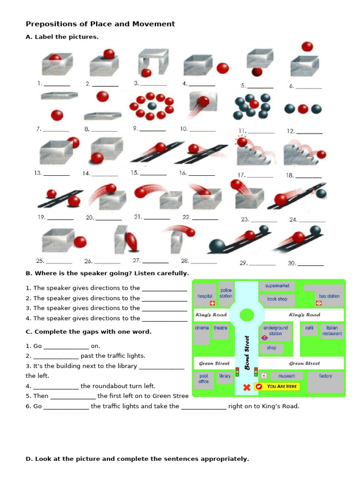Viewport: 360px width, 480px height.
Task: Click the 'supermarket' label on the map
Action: pos(277,285)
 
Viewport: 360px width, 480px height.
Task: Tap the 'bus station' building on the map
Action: pos(329,296)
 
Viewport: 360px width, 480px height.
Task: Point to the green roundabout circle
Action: pos(247,315)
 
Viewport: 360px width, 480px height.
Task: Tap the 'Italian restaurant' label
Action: pos(332,331)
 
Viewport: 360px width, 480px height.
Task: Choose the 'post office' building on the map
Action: pos(203,378)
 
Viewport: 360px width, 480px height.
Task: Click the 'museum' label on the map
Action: pos(286,376)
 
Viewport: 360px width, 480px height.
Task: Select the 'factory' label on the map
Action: pos(325,376)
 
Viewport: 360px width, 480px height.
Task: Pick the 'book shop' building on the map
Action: pos(277,299)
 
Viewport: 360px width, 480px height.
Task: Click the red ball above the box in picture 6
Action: pos(307,46)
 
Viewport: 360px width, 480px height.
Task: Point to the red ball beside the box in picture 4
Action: pos(223,68)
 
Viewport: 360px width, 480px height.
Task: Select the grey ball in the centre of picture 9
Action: pos(151,105)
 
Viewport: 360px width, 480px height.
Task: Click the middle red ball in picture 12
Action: pos(303,109)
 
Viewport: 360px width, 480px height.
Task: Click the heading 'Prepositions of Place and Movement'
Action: pos(100,24)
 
